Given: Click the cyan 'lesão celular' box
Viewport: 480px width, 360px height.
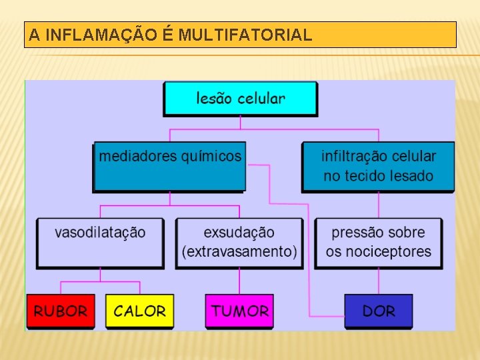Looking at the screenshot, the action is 240,99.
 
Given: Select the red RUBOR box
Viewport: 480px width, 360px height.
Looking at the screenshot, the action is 61,311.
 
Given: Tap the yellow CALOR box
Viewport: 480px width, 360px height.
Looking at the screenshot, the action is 139,311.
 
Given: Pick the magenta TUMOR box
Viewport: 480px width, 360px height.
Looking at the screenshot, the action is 239,311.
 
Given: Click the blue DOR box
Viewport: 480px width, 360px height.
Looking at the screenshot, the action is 378,311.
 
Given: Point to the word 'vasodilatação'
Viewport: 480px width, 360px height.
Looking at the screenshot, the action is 100,232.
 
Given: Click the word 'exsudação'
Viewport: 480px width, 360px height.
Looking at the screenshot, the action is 239,232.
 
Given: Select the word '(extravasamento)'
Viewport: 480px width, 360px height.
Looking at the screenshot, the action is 239,251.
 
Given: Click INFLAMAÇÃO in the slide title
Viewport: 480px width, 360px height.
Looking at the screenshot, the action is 110,35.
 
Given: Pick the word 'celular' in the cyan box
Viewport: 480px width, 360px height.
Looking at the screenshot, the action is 260,99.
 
